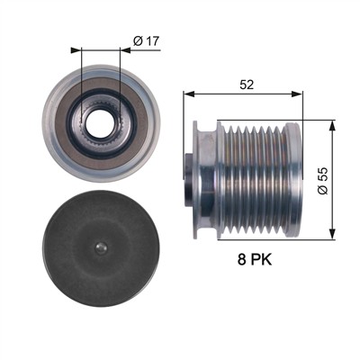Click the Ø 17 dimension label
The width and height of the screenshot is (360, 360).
click(146, 41)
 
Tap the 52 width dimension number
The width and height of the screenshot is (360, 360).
click(247, 85)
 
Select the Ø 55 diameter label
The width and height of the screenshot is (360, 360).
click(323, 181)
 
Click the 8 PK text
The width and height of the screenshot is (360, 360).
click(255, 259)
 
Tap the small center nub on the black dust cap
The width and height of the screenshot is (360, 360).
click(100, 247)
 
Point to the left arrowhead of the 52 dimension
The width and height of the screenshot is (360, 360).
click(189, 94)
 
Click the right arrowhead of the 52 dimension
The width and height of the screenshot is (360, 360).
click(297, 94)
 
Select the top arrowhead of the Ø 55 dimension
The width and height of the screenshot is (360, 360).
click(332, 126)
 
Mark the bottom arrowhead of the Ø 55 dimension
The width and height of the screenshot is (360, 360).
click(332, 234)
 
